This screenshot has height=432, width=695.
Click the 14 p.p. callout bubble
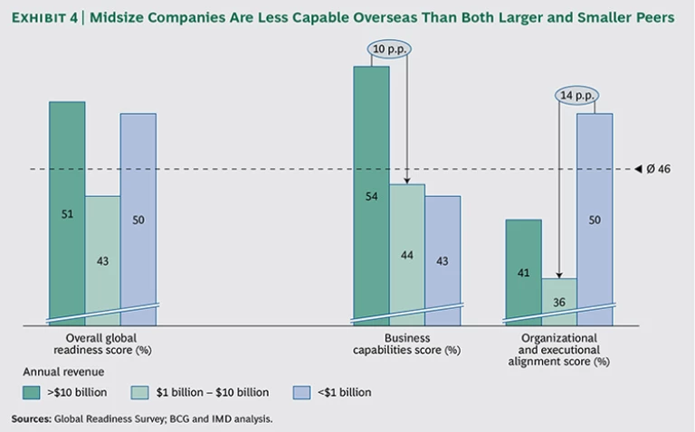coord(576,93)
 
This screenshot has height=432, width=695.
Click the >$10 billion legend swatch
coord(32,392)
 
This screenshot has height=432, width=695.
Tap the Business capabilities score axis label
coord(405,343)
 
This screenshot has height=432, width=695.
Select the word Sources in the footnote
coord(31,418)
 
